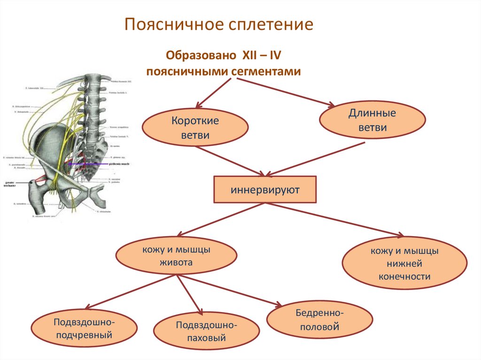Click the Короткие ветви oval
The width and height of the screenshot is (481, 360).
click(x=194, y=128)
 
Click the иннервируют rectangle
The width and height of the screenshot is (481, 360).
click(x=264, y=190)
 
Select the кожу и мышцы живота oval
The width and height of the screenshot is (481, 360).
click(x=176, y=256)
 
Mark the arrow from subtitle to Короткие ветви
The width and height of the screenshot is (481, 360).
click(x=214, y=93)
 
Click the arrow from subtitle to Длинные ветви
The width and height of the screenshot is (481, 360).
click(x=287, y=90)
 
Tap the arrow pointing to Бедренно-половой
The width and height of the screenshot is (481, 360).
click(x=230, y=291)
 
